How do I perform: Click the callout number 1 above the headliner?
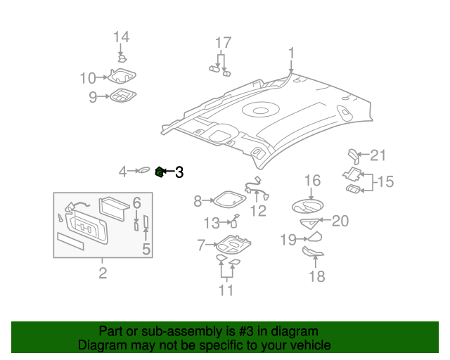pyautogui.click(x=291, y=53)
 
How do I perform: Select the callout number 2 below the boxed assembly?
pyautogui.click(x=103, y=274)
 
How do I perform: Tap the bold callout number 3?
pyautogui.click(x=179, y=171)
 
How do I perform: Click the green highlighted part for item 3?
pyautogui.click(x=160, y=171)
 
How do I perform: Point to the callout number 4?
pyautogui.click(x=122, y=171)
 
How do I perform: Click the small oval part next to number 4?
pyautogui.click(x=143, y=169)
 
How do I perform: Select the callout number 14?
pyautogui.click(x=122, y=37)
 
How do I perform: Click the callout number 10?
pyautogui.click(x=87, y=77)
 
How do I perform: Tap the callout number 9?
pyautogui.click(x=92, y=97)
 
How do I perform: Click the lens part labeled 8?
pyautogui.click(x=226, y=200)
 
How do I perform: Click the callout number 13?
pyautogui.click(x=212, y=223)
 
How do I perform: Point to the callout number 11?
pyautogui.click(x=225, y=290)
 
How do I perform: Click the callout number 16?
pyautogui.click(x=312, y=181)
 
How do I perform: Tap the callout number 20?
pyautogui.click(x=340, y=221)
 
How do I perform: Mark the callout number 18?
pyautogui.click(x=317, y=276)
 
